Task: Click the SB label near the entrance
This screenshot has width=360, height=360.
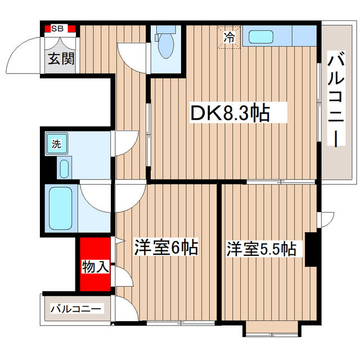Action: tap(57, 29)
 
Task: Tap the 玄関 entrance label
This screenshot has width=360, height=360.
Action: tap(61, 58)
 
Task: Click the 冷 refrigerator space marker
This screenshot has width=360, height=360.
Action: tap(229, 38)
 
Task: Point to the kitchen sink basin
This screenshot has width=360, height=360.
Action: tap(261, 37)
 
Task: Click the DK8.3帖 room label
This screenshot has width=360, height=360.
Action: tap(230, 112)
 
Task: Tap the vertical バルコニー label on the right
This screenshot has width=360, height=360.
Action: tap(336, 99)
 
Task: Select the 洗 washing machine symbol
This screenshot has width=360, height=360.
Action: tap(56, 144)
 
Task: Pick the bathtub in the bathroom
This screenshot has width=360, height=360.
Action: tap(61, 209)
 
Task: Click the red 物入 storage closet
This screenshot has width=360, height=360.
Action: tap(95, 264)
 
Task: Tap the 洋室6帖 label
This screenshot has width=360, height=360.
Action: tap(166, 247)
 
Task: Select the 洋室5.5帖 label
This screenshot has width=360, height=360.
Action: tap(262, 249)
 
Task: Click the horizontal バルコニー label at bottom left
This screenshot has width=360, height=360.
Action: tap(75, 309)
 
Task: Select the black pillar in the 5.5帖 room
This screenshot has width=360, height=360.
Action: tap(310, 250)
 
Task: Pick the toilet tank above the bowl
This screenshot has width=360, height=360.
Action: tap(166, 30)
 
